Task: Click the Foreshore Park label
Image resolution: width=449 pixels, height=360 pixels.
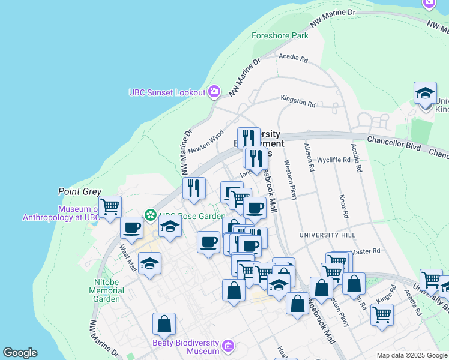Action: pyautogui.click(x=280, y=35)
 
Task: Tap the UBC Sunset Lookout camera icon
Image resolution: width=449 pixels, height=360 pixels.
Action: pyautogui.click(x=214, y=92)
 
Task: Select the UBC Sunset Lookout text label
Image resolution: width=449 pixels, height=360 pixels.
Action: pyautogui.click(x=167, y=92)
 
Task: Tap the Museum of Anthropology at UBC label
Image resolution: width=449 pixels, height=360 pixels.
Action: pyautogui.click(x=61, y=213)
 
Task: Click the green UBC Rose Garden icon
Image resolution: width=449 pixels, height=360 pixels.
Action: pyautogui.click(x=150, y=214)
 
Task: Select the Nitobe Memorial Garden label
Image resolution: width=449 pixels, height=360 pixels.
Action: pyautogui.click(x=107, y=290)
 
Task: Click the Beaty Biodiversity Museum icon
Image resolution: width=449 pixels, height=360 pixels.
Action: pyautogui.click(x=227, y=346)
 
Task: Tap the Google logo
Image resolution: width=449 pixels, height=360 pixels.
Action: pyautogui.click(x=20, y=353)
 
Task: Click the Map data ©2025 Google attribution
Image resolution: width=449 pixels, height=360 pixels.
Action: pyautogui.click(x=412, y=355)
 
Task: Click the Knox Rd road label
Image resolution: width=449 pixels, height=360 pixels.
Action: pyautogui.click(x=344, y=206)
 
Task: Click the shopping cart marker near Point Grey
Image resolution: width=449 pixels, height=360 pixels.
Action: pyautogui.click(x=110, y=207)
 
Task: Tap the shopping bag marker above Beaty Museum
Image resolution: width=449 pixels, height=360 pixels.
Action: pyautogui.click(x=164, y=324)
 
